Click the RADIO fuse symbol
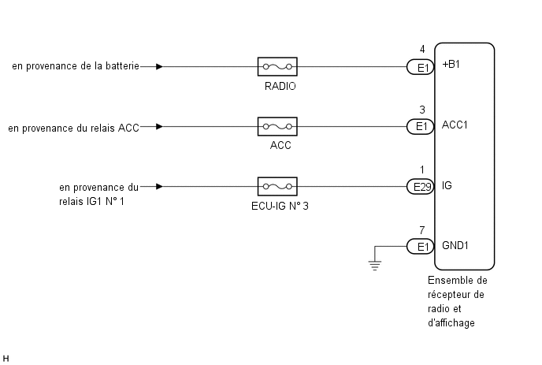point(277,66)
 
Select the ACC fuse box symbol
point(277,127)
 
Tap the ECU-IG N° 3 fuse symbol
point(277,187)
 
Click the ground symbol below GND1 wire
point(375,265)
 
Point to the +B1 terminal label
point(451,65)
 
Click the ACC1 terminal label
point(455,125)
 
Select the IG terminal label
point(447,185)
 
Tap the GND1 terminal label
point(455,245)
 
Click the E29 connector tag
point(421,187)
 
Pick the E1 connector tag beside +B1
point(421,67)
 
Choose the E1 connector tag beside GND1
point(421,246)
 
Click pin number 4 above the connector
point(422,49)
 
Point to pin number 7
point(422,230)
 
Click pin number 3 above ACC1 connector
point(422,110)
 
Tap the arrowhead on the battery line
point(159,66)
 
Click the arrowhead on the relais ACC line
point(159,127)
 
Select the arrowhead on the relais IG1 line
point(159,187)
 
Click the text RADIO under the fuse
point(280,86)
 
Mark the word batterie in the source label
point(122,65)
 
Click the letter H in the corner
point(6,359)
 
